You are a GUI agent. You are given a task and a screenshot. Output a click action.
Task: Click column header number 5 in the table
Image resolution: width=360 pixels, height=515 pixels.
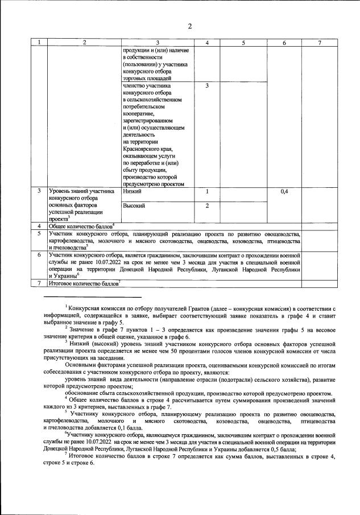(x=243, y=43)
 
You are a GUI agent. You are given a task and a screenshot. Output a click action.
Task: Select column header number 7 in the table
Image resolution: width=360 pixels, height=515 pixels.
(x=320, y=43)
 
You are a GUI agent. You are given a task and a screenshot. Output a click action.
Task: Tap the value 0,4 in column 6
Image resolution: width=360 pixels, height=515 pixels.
(x=285, y=192)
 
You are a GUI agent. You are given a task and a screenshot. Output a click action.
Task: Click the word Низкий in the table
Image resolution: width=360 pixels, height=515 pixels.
(x=132, y=192)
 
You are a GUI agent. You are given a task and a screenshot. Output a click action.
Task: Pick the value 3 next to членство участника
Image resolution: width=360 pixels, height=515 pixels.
(x=208, y=86)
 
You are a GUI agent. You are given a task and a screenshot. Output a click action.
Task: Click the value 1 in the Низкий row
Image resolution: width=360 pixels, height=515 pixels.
(x=208, y=192)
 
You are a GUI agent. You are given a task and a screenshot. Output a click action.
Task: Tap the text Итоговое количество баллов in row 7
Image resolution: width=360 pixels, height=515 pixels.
(x=83, y=283)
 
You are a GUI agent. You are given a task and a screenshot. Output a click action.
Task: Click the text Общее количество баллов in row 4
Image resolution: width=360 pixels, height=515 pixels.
(x=80, y=226)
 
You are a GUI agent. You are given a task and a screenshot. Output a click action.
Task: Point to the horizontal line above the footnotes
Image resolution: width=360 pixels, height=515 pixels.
(x=92, y=297)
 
